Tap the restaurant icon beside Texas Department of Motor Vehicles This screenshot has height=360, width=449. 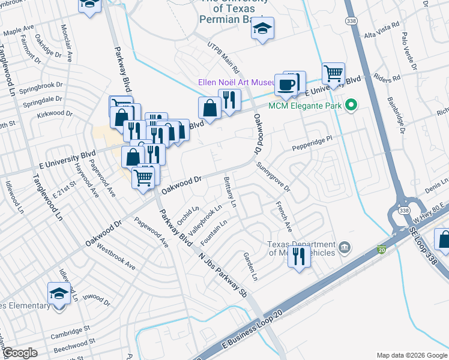click(x=300, y=256)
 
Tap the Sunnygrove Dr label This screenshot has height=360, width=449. click(x=273, y=177)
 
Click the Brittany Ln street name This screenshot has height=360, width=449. click(x=230, y=191)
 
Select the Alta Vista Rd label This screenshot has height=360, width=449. click(x=382, y=31)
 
